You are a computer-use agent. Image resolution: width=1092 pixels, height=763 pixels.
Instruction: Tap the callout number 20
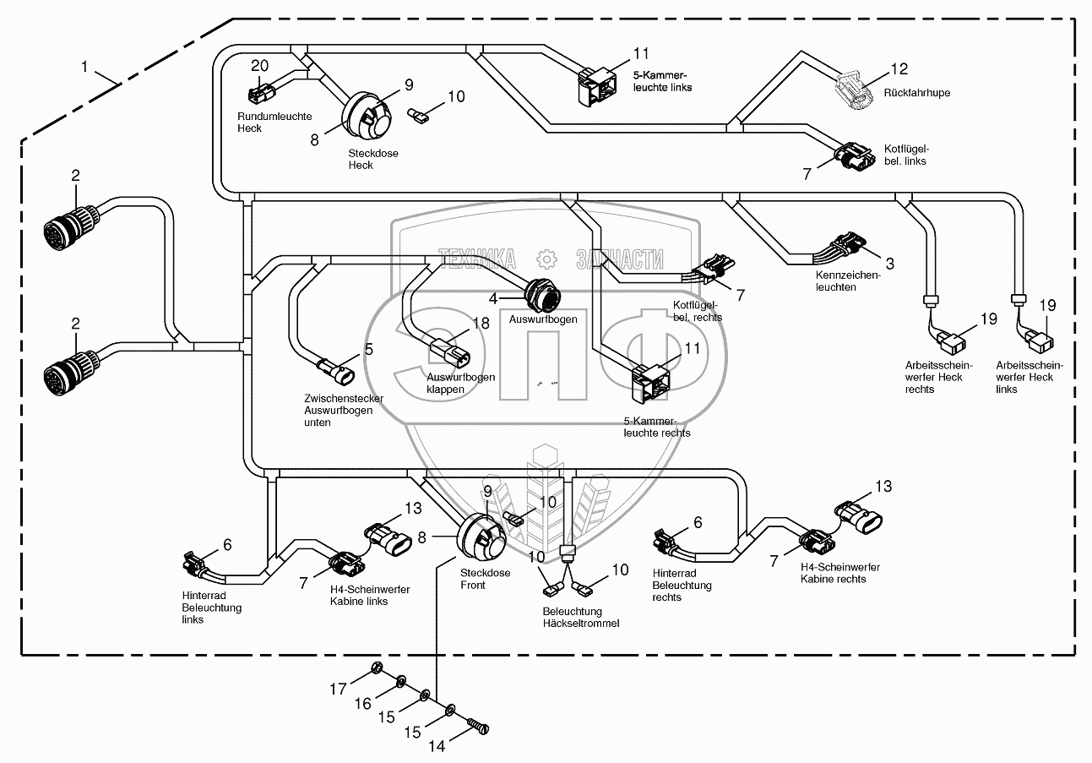(259, 66)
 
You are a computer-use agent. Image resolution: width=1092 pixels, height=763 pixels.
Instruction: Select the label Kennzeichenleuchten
(847, 281)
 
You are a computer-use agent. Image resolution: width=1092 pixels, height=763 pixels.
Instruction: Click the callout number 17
(338, 689)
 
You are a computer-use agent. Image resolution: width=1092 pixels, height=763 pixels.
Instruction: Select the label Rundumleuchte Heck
(262, 123)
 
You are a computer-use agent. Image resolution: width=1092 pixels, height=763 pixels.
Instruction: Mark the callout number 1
(84, 64)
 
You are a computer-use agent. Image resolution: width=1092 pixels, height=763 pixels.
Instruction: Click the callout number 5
(369, 348)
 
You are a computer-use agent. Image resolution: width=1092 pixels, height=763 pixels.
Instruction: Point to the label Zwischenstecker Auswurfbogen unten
(344, 410)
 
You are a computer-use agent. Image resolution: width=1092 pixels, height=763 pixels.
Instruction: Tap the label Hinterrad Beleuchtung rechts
(682, 585)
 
